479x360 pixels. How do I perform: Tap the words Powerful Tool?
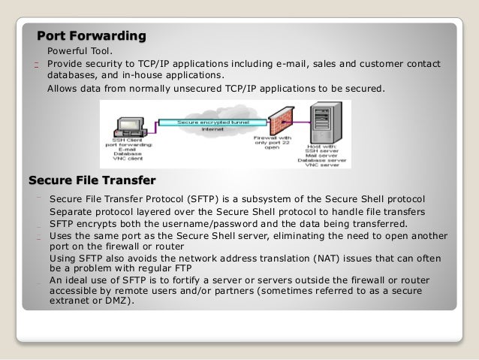80,51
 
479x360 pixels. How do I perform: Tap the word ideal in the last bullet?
82,280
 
